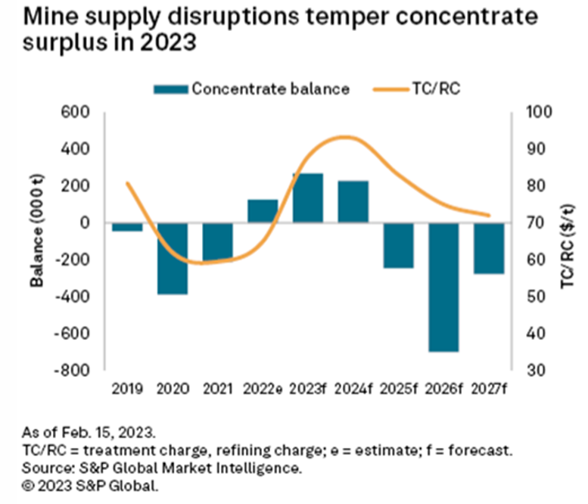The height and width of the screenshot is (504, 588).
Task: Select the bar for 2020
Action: coord(172,258)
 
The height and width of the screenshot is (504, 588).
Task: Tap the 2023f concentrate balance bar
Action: coord(307,198)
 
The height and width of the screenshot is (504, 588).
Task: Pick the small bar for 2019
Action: coord(127,227)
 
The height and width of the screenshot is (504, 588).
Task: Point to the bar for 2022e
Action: coord(263,211)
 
